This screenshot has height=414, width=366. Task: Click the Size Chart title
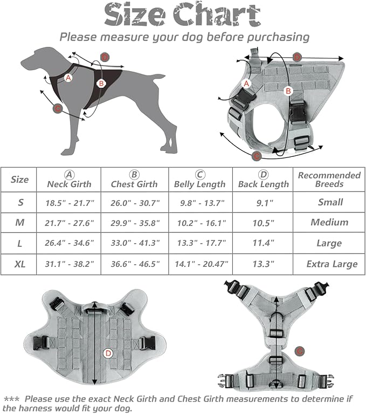pos(183,15)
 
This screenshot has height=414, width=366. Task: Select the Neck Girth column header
pos(68,180)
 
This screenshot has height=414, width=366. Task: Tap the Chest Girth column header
pos(135,180)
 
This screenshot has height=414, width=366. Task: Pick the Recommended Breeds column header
pos(329,180)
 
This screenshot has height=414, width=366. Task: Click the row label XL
pos(20,264)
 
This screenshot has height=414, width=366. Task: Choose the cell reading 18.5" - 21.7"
pos(68,203)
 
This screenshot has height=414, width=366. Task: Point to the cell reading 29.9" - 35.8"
pos(135,223)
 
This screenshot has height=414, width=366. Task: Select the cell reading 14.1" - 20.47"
pos(200,264)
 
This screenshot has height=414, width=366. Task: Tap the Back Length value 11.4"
pos(264,243)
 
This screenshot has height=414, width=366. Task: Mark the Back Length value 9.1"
pos(264,203)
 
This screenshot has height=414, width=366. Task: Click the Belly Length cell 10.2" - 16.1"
pos(200,223)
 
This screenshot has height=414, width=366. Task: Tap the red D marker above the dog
pos(105,57)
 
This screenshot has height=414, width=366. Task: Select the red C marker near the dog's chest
pos(58,108)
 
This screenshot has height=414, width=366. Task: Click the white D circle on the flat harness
pos(108,353)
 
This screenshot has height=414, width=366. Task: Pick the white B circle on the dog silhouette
pos(100,84)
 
